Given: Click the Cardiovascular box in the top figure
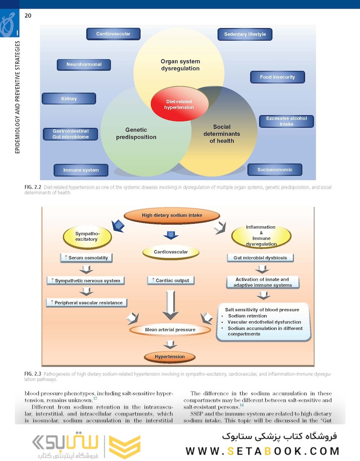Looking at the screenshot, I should (x=113, y=34).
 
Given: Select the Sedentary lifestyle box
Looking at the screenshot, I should (x=245, y=34).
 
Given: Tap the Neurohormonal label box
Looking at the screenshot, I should (x=84, y=64).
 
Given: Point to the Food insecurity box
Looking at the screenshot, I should (x=277, y=77).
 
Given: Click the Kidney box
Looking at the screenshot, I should (x=69, y=99).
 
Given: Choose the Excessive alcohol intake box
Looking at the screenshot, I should (x=286, y=121).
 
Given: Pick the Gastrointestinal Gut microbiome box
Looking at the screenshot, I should (x=70, y=134).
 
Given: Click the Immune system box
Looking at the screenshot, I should (x=81, y=170).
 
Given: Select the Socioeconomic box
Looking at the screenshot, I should (x=275, y=169).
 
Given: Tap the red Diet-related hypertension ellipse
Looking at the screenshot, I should (x=179, y=105).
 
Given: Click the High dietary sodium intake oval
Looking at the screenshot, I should (x=172, y=216).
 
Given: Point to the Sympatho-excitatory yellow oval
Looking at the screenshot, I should (x=87, y=236).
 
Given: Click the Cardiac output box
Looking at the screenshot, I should (x=171, y=280).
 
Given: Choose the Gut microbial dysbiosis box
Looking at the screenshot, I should (x=263, y=258).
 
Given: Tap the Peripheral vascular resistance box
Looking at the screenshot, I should (x=87, y=303).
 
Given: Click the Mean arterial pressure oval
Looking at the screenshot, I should (x=170, y=330).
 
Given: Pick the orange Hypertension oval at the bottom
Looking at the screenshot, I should (x=170, y=356).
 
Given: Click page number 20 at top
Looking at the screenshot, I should (x=28, y=16).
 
